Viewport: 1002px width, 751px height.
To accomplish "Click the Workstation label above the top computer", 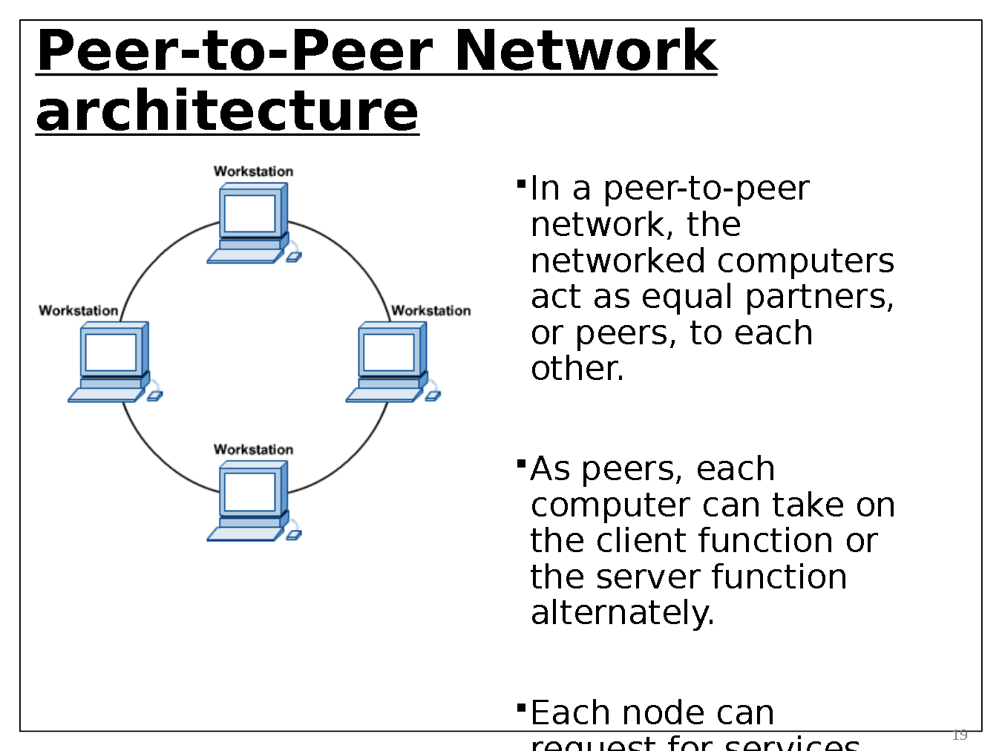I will pyautogui.click(x=253, y=171).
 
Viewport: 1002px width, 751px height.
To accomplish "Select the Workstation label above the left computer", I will pyautogui.click(x=78, y=311).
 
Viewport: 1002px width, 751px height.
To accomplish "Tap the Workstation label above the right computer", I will pyautogui.click(x=430, y=311).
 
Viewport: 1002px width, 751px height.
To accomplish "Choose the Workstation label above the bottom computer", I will pyautogui.click(x=253, y=450).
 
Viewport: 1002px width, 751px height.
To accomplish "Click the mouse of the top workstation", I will pyautogui.click(x=294, y=257).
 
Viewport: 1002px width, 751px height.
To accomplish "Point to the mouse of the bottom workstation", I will pyautogui.click(x=294, y=535).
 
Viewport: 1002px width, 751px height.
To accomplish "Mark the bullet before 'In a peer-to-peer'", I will pyautogui.click(x=521, y=182).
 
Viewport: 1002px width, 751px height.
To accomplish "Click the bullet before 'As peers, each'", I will pyautogui.click(x=521, y=463).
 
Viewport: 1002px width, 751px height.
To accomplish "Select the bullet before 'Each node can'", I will pyautogui.click(x=521, y=706).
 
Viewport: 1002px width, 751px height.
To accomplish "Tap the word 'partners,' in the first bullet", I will pyautogui.click(x=819, y=297).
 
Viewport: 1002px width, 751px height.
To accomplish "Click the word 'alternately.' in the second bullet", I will pyautogui.click(x=622, y=613).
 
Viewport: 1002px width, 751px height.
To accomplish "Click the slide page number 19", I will pyautogui.click(x=960, y=735).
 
